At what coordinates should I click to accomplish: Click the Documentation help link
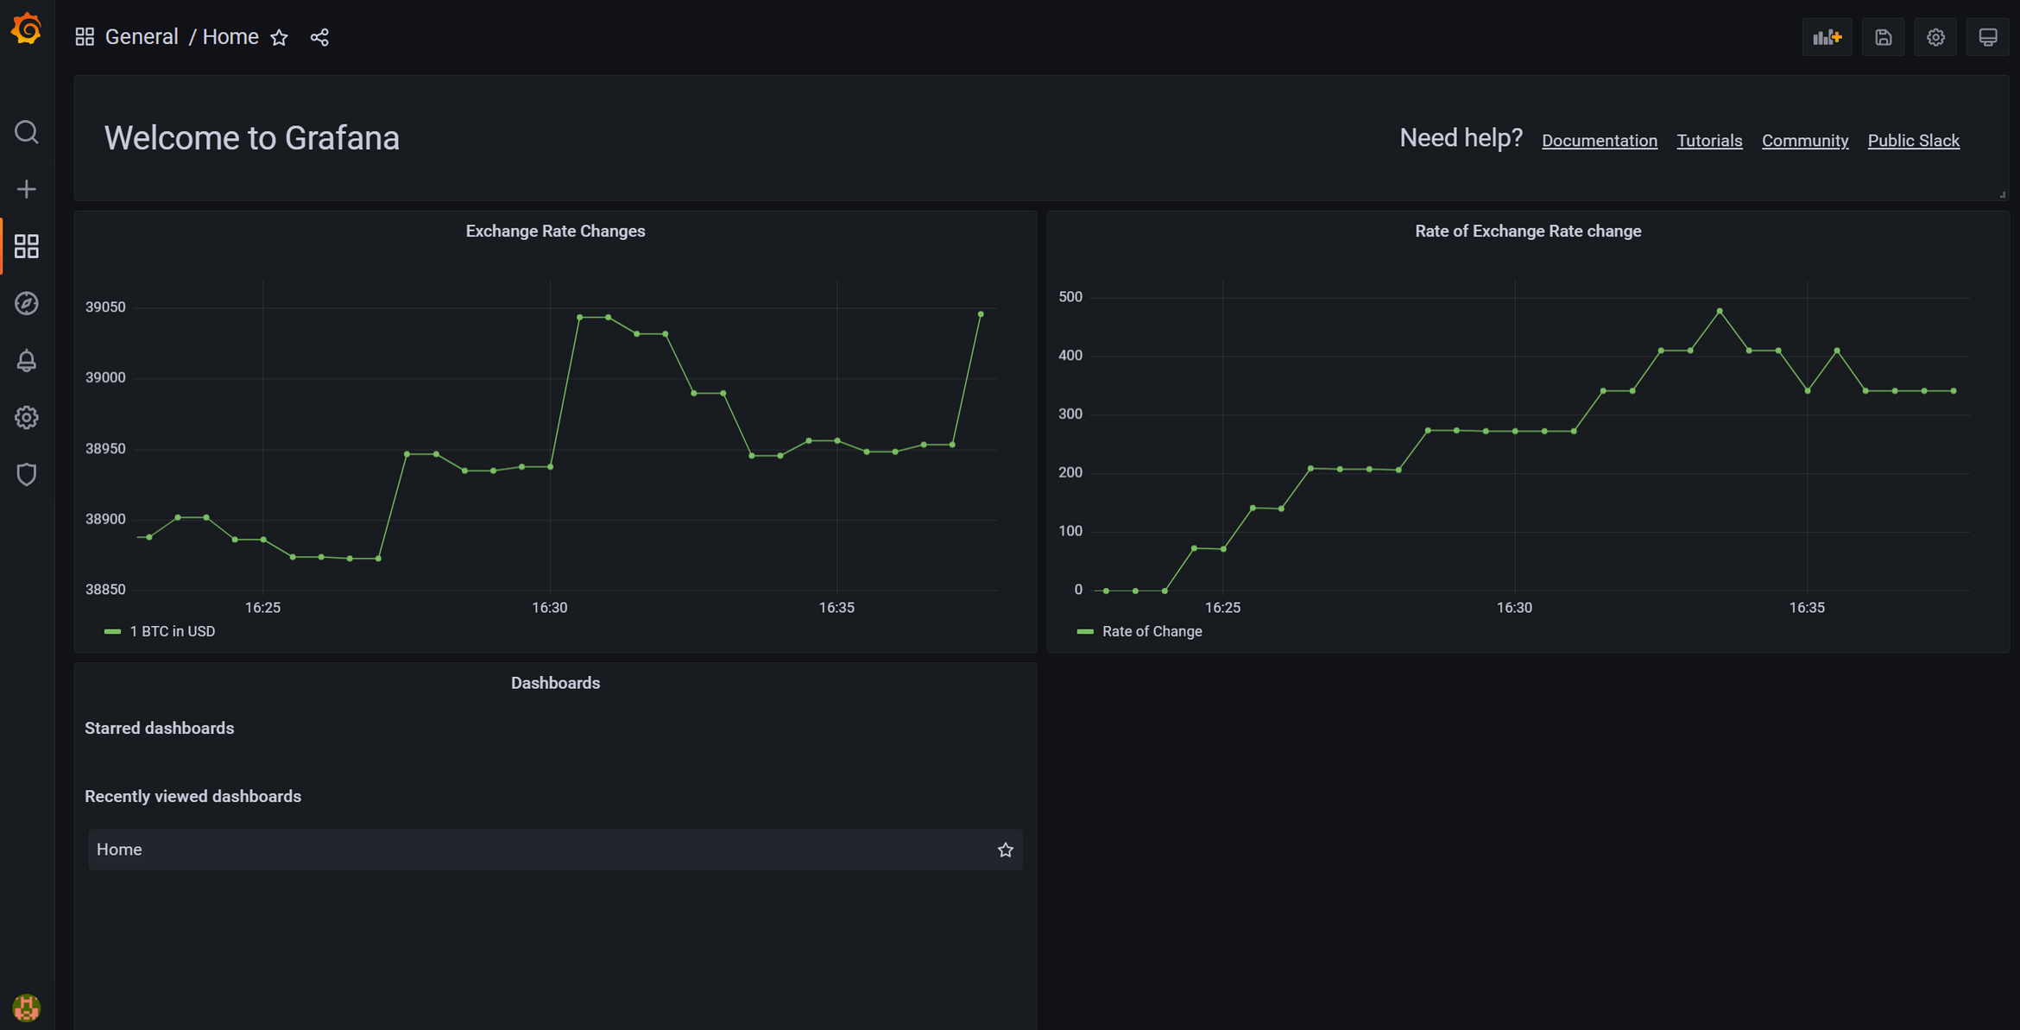[x=1599, y=141]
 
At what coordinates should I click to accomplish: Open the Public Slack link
[x=1913, y=141]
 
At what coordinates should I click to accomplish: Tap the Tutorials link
[x=1708, y=141]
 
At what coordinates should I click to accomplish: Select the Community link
[x=1804, y=141]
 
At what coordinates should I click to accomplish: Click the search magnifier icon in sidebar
[x=27, y=132]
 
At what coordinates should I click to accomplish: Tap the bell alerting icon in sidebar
[x=27, y=361]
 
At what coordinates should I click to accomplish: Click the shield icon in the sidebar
[x=27, y=474]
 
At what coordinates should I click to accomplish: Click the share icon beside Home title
[x=319, y=37]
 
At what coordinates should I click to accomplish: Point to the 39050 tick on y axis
[x=105, y=307]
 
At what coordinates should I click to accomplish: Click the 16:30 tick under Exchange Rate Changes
[x=549, y=608]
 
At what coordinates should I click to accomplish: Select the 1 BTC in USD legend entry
[x=172, y=631]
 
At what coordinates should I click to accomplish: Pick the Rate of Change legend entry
[x=1151, y=631]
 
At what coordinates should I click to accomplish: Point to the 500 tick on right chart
[x=1070, y=297]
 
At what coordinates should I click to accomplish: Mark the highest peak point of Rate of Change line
[x=1720, y=311]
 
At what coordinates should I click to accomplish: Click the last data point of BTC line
[x=981, y=314]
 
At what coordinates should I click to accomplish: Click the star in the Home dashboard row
[x=1005, y=850]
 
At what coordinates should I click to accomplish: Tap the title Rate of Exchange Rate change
[x=1527, y=231]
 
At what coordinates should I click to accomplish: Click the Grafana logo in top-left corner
[x=27, y=28]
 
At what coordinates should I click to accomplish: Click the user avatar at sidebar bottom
[x=27, y=1007]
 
